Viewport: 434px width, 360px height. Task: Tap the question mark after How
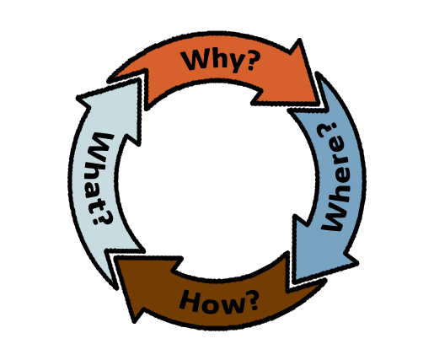point(251,301)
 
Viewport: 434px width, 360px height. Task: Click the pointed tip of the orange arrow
point(319,103)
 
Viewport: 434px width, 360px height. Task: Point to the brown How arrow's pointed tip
point(116,258)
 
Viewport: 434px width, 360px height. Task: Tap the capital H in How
point(190,301)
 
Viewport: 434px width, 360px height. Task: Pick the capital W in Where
point(335,216)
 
